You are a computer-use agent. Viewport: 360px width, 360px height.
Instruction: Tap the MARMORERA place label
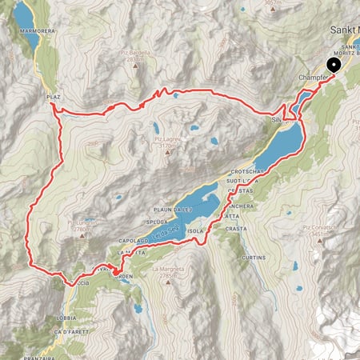tap(32, 34)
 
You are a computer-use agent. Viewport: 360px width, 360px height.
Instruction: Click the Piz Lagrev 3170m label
tap(168, 142)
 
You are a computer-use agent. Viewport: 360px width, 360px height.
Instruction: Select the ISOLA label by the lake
tap(197, 230)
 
